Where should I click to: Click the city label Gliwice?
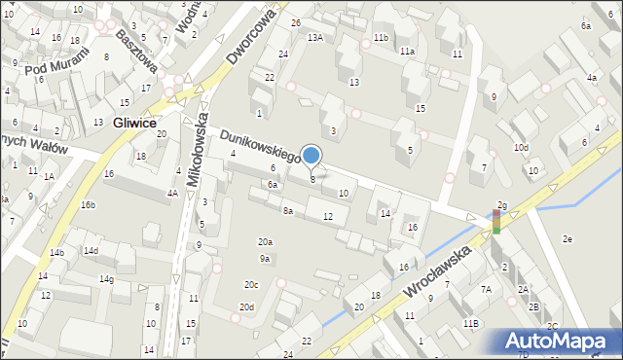coord(136,124)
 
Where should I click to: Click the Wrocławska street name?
coord(440,273)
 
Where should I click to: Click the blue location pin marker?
coord(311,156)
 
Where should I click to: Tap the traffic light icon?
coord(496,221)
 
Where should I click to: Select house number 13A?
coord(315,37)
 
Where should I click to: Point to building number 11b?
coord(381,37)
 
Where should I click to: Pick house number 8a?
coord(287,210)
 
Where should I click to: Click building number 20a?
coord(265,241)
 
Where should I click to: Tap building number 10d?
coord(522,148)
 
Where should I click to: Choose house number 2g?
coord(501,205)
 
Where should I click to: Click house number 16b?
coord(88,205)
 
